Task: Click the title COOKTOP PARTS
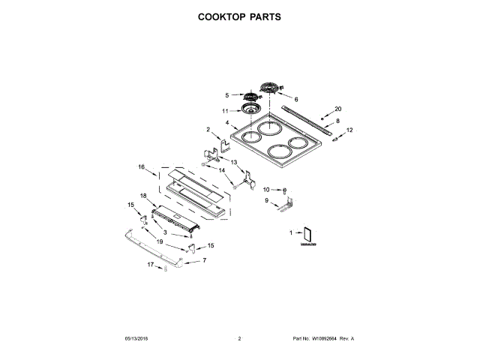coord(239,16)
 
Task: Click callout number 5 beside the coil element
coord(226,95)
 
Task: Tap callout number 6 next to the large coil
coord(295,99)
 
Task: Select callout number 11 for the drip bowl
coord(224,112)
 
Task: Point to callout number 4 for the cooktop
coord(226,123)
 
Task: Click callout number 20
coord(337,109)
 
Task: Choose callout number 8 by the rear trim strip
coord(337,121)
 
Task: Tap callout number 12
coord(349,130)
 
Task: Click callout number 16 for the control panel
coord(140,166)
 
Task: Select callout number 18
coord(143,196)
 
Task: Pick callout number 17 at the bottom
coord(150,265)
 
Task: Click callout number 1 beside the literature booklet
coord(291,234)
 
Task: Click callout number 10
coord(266,189)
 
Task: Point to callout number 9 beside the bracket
coord(266,200)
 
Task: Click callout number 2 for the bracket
coord(208,130)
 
